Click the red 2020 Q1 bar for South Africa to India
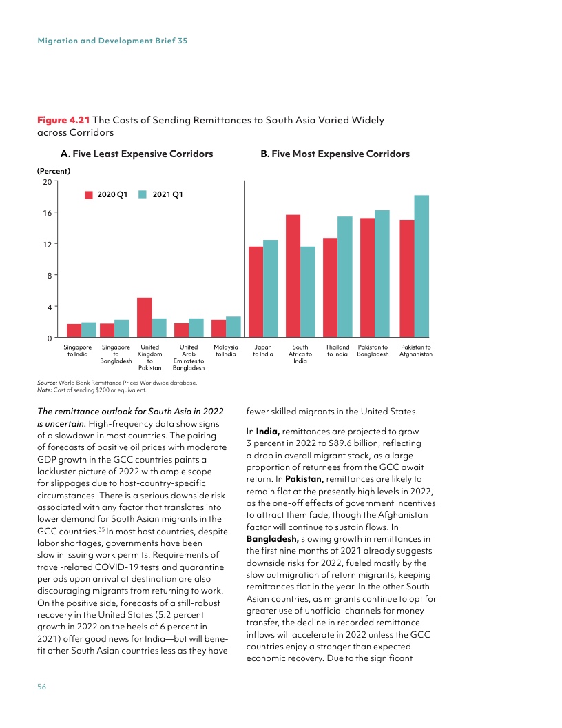pos(293,276)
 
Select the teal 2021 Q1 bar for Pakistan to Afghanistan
pos(421,267)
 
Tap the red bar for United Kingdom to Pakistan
pos(144,318)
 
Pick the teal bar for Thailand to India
pos(345,277)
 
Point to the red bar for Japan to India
pos(256,292)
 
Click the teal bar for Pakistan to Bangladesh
pos(382,274)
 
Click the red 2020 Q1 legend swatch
pos(89,195)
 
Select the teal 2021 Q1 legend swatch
pos(143,195)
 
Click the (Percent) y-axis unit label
pos(55,170)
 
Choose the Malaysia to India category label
pos(226,351)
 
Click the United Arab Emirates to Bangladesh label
pos(189,357)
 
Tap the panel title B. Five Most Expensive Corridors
pos(335,154)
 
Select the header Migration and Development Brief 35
pos(112,41)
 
